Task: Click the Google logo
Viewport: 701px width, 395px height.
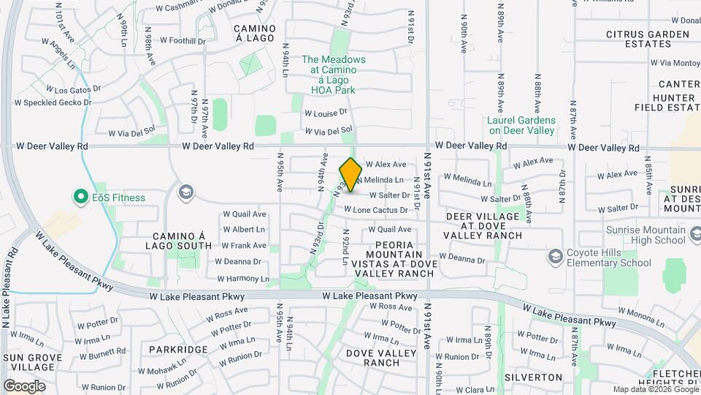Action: pos(24,385)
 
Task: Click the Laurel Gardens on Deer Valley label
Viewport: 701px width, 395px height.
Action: pos(521,125)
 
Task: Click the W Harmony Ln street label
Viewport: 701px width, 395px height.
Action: pos(243,279)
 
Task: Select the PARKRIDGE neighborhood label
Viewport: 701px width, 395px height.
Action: pos(179,350)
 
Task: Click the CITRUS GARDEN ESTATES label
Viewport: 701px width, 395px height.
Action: pos(648,39)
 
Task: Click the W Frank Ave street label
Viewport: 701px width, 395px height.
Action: pos(244,246)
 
